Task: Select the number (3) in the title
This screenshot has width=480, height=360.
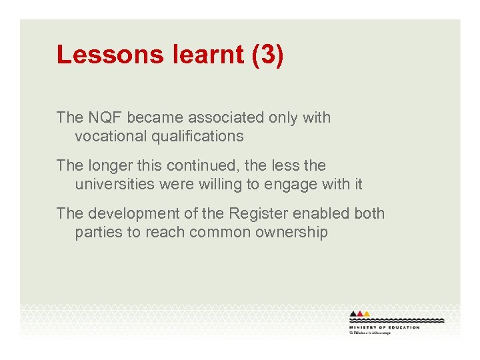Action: [268, 55]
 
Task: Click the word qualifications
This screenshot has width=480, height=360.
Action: [196, 137]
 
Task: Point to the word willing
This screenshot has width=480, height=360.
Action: [223, 184]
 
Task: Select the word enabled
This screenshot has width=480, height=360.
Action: [324, 213]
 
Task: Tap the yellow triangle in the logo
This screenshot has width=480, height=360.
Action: [367, 313]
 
